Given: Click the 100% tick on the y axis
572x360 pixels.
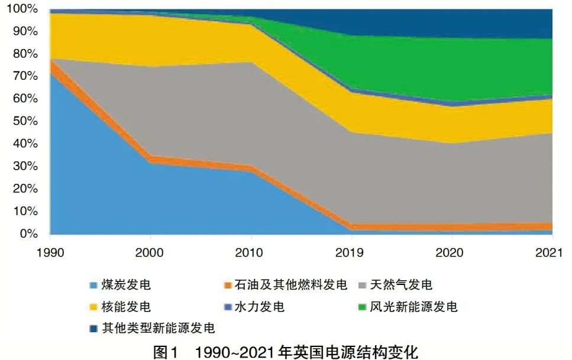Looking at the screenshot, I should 22,9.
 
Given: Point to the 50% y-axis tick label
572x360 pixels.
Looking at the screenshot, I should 25,121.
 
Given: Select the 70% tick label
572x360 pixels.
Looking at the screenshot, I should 25,76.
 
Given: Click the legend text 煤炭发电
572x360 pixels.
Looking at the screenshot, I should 127,285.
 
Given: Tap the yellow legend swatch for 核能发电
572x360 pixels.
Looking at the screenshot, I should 93,307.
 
